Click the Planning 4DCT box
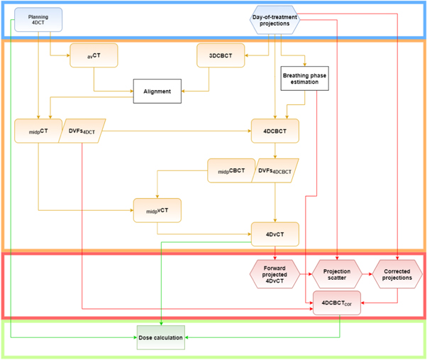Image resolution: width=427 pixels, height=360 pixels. pos(38,19)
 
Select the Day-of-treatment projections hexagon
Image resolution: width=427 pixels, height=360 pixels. pos(274,19)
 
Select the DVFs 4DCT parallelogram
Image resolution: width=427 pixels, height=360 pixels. pos(81,131)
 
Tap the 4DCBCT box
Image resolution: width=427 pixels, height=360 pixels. pos(274,131)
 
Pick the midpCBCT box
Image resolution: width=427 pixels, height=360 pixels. pos(230,170)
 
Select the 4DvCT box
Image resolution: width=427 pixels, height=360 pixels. pos(274,234)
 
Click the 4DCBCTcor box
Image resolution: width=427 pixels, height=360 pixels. pos(337,303)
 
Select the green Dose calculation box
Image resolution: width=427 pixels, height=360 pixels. pos(160,337)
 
